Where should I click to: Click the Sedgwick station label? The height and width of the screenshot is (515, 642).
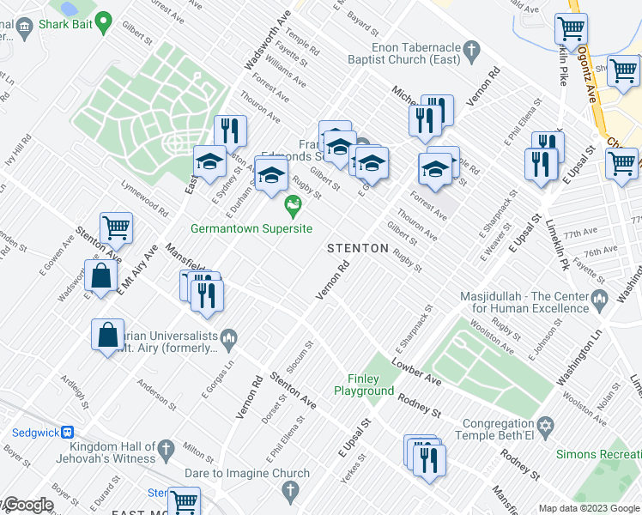[35, 433]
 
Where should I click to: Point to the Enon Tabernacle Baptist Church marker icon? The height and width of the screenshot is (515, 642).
[471, 53]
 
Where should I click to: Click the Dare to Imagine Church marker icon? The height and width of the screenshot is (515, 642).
[290, 490]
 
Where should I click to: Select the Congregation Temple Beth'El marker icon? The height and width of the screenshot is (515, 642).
[542, 426]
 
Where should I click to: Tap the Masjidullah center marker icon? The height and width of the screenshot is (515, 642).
[600, 298]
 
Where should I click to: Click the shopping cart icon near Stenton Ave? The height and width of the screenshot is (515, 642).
[116, 228]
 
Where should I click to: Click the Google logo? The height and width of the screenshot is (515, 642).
[27, 506]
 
